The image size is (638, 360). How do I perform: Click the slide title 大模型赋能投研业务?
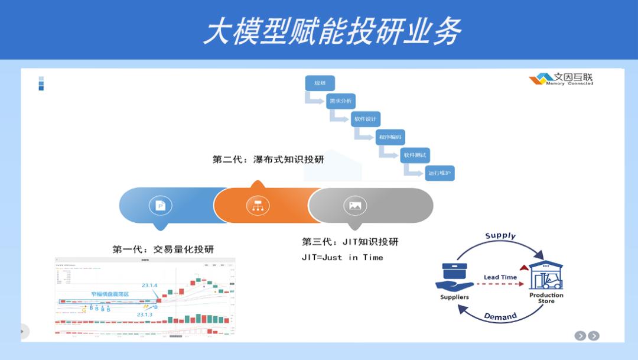pos(332,31)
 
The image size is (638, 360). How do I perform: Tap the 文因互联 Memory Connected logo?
pos(561,79)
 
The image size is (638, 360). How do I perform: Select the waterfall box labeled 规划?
pos(320,83)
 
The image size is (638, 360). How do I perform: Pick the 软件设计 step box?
pos(365,119)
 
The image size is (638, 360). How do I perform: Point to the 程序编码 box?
pos(390,137)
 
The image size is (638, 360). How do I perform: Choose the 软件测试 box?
pos(415,155)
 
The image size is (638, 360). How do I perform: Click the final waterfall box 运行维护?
pos(440,173)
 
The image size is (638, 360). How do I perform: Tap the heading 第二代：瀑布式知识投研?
pos(268,160)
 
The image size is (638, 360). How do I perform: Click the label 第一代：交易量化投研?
pos(163,249)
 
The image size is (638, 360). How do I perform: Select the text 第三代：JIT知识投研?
pos(350,242)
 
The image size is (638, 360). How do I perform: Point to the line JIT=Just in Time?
pos(342,257)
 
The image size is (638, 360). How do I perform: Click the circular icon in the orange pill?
pos(258,205)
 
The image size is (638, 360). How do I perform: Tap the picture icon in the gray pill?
pos(355,205)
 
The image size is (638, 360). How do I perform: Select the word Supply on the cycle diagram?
pos(500,236)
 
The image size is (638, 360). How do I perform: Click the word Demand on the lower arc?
pos(500,316)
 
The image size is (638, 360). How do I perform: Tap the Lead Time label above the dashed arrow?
pos(500,277)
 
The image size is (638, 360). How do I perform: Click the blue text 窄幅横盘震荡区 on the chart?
pos(110,294)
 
